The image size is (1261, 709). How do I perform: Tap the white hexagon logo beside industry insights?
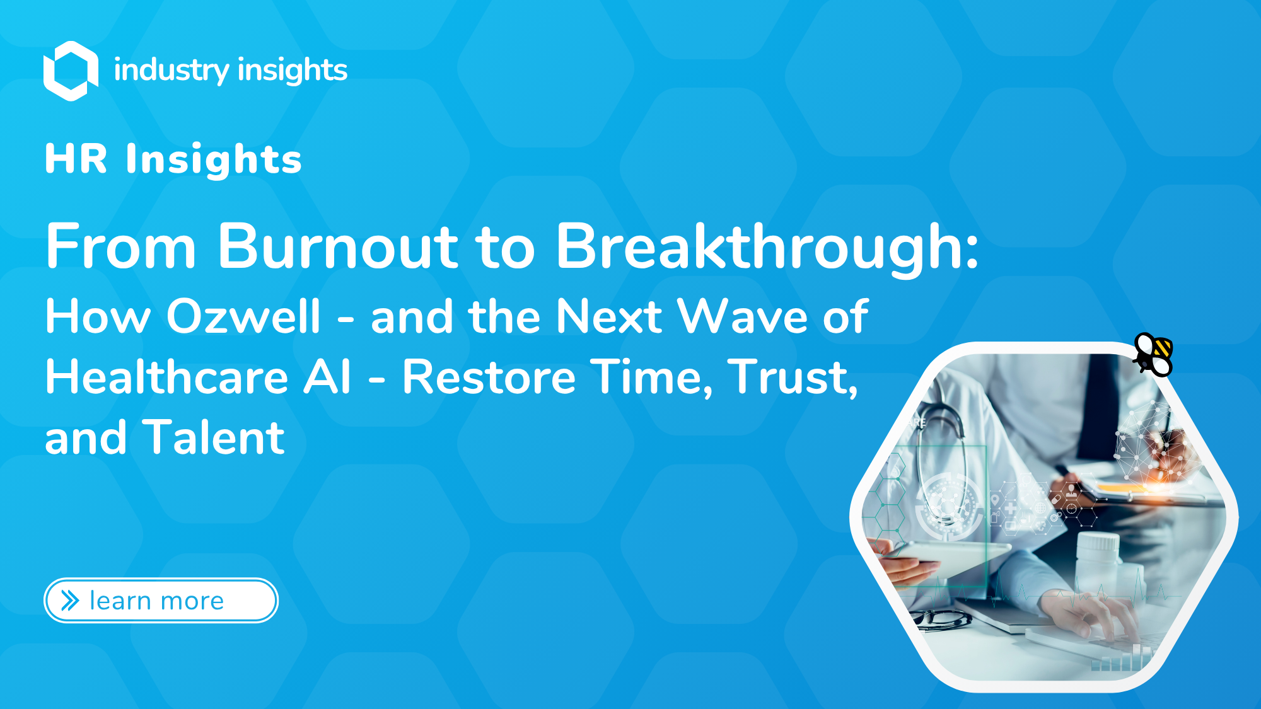pyautogui.click(x=71, y=71)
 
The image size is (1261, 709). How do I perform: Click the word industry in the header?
pyautogui.click(x=171, y=70)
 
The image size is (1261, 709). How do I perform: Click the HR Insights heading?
pyautogui.click(x=173, y=159)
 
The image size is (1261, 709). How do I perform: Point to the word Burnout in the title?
pyautogui.click(x=337, y=247)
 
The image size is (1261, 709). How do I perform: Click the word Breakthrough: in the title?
pyautogui.click(x=766, y=247)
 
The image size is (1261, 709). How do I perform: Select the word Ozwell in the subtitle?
pyautogui.click(x=243, y=316)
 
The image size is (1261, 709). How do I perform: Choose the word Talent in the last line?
pyautogui.click(x=214, y=437)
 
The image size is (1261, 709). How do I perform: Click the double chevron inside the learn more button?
pyautogui.click(x=70, y=601)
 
